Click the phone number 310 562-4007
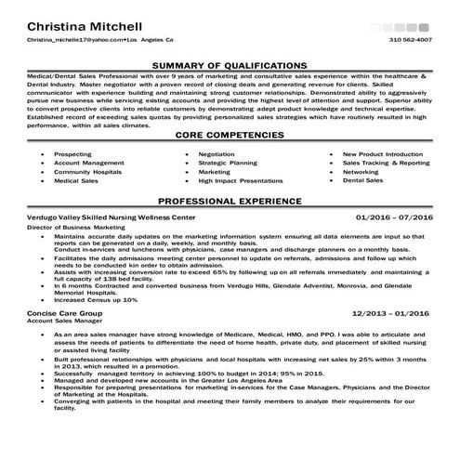click(x=410, y=41)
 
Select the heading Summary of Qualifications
click(x=230, y=65)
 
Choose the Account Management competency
click(x=89, y=163)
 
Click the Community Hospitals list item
click(x=87, y=172)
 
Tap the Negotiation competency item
click(x=217, y=153)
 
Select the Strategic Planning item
click(x=228, y=163)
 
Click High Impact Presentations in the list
click(x=241, y=181)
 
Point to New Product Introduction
click(x=383, y=153)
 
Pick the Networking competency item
click(x=361, y=172)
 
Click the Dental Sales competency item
click(x=363, y=181)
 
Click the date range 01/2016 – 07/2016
click(x=395, y=217)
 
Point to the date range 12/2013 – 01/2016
click(x=393, y=314)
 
